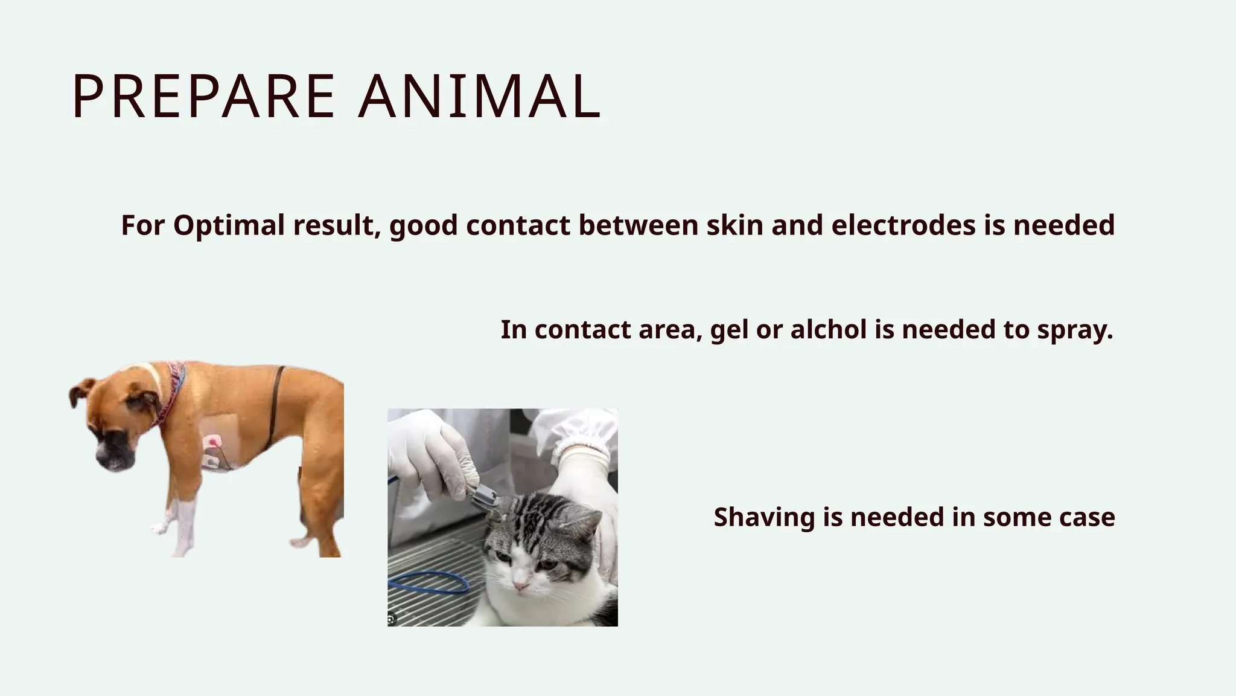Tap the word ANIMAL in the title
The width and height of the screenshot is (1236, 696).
point(480,97)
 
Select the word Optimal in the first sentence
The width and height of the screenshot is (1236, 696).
point(229,225)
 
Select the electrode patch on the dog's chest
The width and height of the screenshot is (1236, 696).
point(212,450)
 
